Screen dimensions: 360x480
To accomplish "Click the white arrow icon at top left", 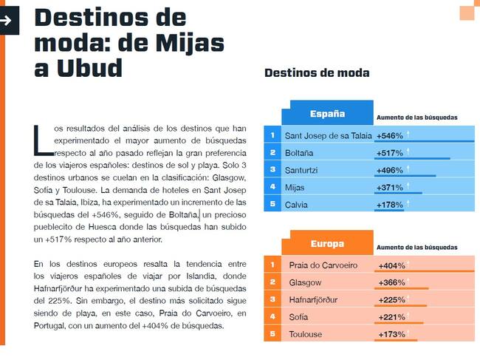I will tap(7, 20).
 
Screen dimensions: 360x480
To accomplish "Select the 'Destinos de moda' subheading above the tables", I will tap(317, 72).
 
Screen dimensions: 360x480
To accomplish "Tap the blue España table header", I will tap(327, 114).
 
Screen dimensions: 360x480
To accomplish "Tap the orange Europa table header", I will tap(327, 243).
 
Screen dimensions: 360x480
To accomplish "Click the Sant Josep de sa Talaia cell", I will tap(328, 135).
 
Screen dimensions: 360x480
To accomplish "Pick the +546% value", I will tap(389, 136).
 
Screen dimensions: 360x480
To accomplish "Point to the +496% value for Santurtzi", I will tap(389, 170).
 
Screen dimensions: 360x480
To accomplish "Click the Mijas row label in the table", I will tap(296, 188).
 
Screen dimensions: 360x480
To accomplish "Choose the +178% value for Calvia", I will tap(389, 205).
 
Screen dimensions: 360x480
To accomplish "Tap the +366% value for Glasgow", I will tap(391, 282).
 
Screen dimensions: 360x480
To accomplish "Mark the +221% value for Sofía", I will tap(391, 317).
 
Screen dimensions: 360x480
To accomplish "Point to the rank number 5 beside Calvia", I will tap(272, 204).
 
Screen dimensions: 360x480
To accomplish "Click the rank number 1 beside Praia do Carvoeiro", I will tap(272, 265).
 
